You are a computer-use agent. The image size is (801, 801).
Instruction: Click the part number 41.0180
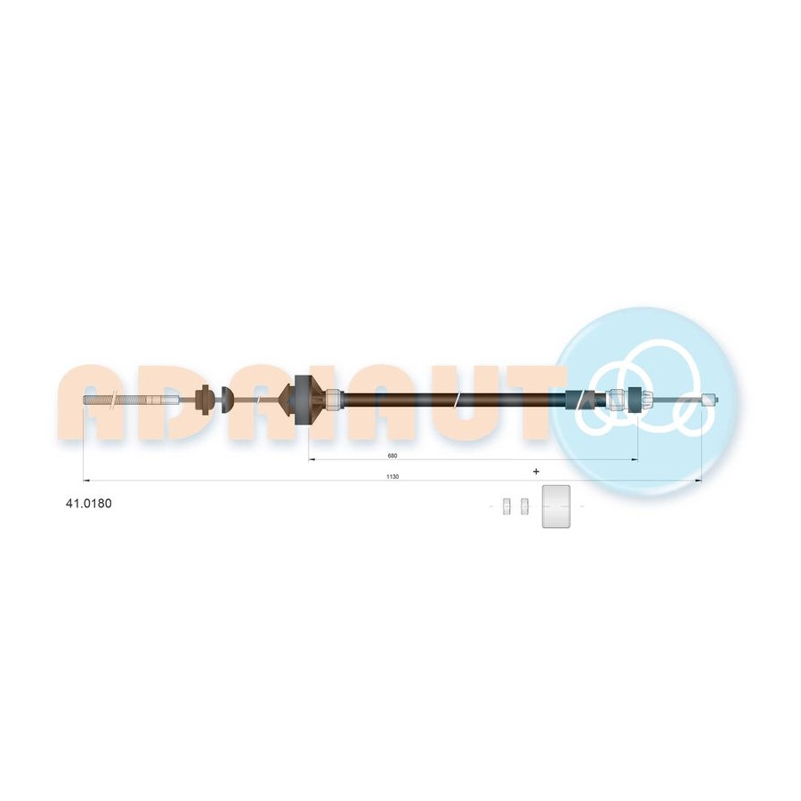click(88, 503)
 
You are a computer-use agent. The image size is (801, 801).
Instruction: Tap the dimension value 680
click(392, 456)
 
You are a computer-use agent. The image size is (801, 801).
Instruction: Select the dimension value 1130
click(392, 477)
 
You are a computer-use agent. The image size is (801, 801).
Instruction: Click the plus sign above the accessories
click(536, 472)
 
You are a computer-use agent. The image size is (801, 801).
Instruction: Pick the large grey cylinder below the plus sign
click(555, 506)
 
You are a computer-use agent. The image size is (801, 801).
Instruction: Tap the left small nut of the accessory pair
click(506, 506)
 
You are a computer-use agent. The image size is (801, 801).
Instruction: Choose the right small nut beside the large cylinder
click(523, 506)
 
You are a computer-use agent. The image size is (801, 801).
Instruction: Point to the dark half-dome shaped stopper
click(227, 400)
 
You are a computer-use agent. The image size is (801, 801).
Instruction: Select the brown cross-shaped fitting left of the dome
click(205, 400)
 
